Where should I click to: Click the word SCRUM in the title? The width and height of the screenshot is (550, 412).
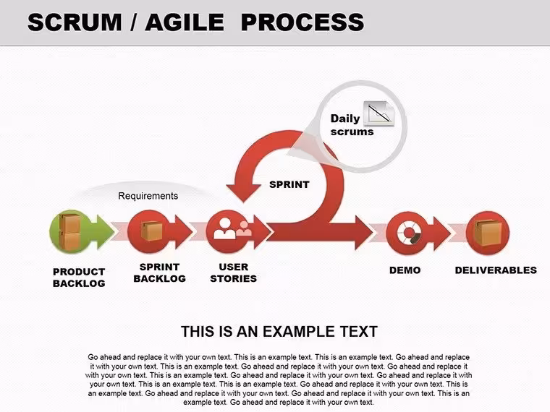[75, 22]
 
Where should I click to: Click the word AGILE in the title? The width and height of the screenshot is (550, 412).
[185, 22]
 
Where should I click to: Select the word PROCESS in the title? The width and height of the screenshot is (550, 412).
[302, 22]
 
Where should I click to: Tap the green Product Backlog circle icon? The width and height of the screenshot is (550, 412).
[71, 231]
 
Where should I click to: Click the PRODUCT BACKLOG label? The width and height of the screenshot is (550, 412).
[79, 277]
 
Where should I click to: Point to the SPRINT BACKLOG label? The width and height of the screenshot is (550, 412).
[160, 272]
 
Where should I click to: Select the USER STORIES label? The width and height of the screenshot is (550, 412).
[234, 272]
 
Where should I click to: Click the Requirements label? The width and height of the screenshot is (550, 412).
[148, 195]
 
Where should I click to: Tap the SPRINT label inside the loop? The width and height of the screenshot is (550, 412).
[289, 184]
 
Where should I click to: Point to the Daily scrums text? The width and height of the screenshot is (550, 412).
[352, 125]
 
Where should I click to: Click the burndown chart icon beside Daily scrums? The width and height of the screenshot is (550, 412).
[379, 113]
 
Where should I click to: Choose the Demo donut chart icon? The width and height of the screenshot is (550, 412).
[408, 233]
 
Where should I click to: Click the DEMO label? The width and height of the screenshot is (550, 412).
[405, 270]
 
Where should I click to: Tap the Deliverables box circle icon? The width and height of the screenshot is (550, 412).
[488, 233]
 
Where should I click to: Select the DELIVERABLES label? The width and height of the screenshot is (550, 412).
[496, 270]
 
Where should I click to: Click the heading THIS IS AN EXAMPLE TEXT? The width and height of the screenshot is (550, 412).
[279, 332]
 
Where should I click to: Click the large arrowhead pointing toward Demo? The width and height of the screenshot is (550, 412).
[364, 233]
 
